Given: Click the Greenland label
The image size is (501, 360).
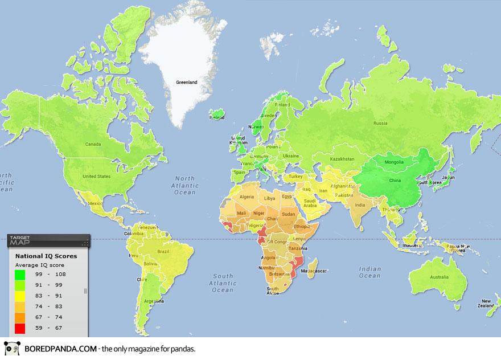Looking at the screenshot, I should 186,83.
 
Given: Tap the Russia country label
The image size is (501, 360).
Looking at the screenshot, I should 380,123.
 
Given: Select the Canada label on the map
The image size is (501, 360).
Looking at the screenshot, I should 93,144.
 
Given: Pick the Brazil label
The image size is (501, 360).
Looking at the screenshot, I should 165,251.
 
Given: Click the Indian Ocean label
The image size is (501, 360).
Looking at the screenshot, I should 370,272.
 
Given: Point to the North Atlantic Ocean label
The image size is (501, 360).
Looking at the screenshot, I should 186,185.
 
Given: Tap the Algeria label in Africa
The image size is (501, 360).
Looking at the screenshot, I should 247,197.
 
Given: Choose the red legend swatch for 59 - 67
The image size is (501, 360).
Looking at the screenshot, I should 20,328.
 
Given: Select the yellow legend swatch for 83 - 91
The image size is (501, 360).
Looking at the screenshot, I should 20,296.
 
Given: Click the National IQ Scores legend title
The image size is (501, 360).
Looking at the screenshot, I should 46,256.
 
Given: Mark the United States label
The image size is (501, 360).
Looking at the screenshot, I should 96,177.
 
